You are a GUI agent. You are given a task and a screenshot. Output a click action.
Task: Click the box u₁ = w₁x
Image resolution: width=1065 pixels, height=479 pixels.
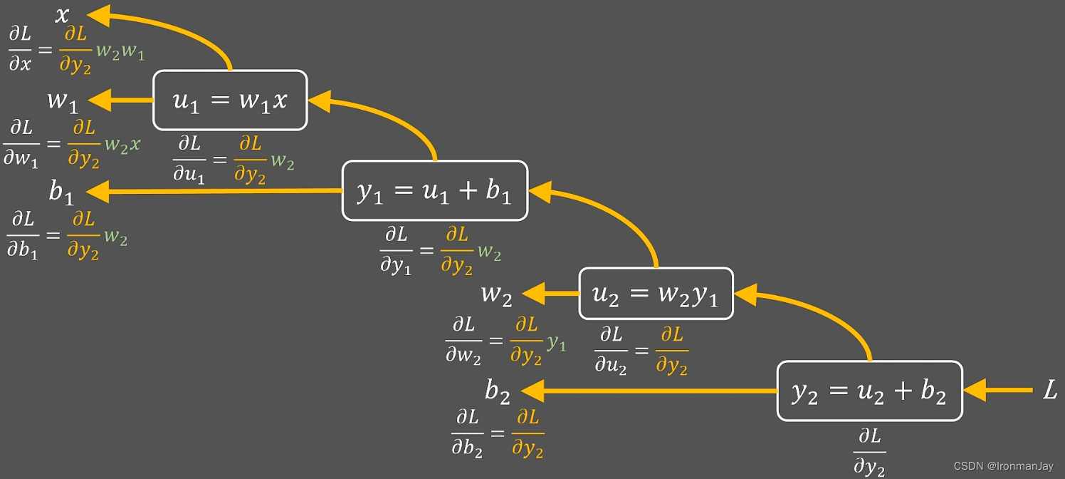(x=230, y=100)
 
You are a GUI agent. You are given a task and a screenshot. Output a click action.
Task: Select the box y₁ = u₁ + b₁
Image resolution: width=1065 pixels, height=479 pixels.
(x=434, y=190)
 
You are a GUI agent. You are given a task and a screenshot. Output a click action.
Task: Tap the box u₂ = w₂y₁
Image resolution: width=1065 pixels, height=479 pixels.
(x=656, y=294)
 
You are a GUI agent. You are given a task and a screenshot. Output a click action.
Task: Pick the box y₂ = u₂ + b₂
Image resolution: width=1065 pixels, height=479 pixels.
(x=869, y=391)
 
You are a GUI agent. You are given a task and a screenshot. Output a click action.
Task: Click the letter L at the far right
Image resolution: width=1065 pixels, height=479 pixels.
(x=1049, y=390)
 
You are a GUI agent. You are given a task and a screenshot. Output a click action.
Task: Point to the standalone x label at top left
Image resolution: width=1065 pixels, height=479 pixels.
(x=63, y=14)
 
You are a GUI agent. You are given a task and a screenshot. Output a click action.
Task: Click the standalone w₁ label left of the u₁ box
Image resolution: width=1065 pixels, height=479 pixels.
(x=63, y=101)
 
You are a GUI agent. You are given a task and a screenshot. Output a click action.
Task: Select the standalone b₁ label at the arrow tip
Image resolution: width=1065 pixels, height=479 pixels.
(x=61, y=192)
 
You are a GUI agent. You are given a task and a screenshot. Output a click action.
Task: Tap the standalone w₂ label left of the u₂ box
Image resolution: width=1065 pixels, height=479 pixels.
(x=496, y=294)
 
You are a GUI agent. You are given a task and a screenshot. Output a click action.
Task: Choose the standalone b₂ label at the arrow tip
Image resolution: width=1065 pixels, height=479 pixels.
(x=498, y=391)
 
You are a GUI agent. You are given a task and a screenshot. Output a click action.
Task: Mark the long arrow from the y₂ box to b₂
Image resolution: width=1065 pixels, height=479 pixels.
(x=648, y=391)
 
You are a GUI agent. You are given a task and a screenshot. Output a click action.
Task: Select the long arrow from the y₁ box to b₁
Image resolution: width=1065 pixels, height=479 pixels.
(x=214, y=191)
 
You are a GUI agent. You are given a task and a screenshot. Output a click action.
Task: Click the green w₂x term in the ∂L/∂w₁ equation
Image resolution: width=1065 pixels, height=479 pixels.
(x=122, y=145)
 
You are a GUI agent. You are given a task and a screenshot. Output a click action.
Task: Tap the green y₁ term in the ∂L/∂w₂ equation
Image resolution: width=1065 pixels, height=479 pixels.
(x=557, y=344)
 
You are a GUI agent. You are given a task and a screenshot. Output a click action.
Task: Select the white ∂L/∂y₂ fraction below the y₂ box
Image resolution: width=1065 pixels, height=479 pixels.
(x=869, y=451)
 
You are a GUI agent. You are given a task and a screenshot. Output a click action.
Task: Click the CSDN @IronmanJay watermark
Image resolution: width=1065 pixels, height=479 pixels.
(x=1002, y=465)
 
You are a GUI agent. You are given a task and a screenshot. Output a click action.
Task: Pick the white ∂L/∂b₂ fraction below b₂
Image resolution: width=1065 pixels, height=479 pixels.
(x=467, y=433)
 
